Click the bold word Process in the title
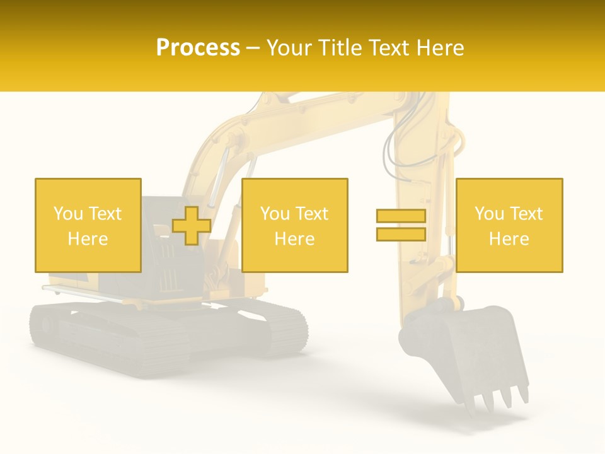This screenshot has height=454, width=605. click(198, 48)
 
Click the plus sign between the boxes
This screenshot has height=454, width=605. click(192, 226)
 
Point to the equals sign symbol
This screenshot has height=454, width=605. click(401, 225)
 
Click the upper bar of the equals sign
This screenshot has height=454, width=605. click(401, 216)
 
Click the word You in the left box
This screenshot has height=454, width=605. click(67, 214)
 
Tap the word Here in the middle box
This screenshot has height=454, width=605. click(295, 239)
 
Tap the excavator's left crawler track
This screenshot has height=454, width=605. click(107, 337)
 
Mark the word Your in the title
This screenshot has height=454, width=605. click(290, 48)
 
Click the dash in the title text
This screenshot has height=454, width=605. click(253, 48)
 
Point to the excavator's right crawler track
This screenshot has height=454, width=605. click(277, 325)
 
